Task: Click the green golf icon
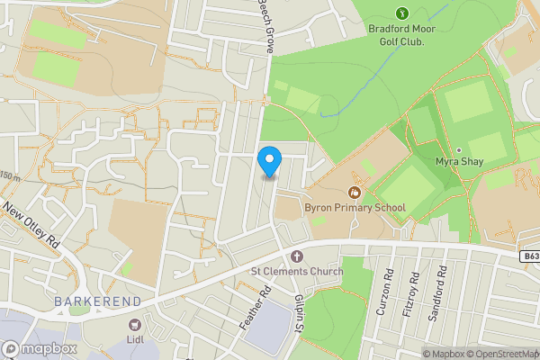pos(402,13)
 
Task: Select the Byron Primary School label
pos(355,208)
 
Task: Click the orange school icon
pos(355,192)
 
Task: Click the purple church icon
pos(296,256)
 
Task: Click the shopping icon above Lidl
pos(136,324)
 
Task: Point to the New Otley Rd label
pos(31,225)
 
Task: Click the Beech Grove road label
pos(266,25)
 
